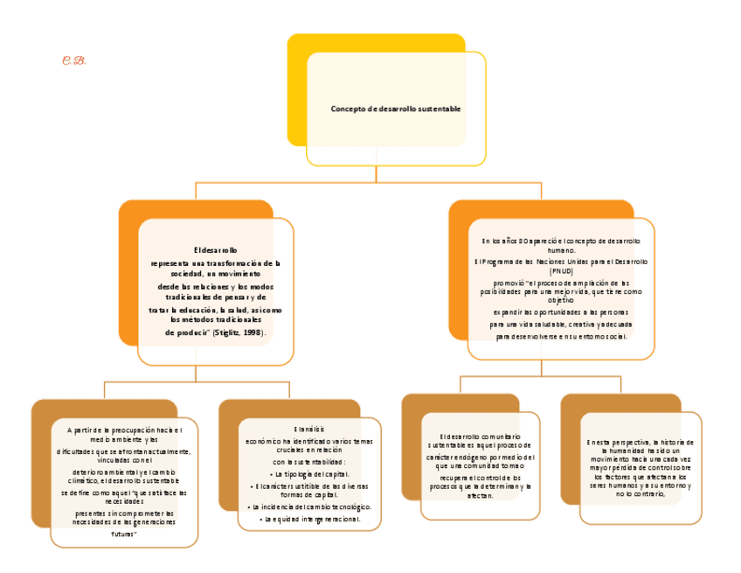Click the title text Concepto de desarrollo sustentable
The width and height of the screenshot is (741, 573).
[x=395, y=109]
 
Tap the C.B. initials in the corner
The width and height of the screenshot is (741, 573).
[x=73, y=60]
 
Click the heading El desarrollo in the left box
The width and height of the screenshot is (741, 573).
[x=215, y=250]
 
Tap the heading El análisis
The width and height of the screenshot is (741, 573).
[x=309, y=430]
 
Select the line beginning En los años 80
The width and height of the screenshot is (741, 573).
[x=561, y=240]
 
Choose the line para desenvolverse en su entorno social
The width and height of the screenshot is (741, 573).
[x=561, y=336]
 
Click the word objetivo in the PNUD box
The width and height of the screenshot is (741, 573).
[x=561, y=300]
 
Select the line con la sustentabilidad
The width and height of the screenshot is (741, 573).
[x=309, y=461]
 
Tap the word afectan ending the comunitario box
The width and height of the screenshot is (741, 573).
[x=480, y=495]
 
